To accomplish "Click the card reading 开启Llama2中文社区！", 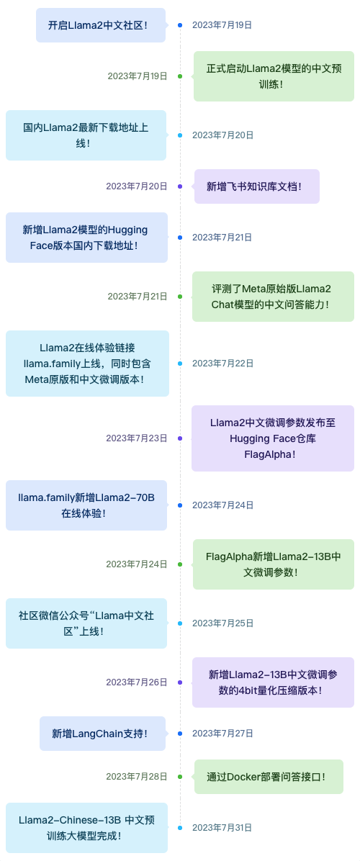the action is (101, 25).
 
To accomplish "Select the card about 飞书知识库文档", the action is (257, 186).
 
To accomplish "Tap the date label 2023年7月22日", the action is (222, 364).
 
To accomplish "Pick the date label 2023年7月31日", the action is (222, 827).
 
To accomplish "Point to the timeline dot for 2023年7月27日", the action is (180, 734).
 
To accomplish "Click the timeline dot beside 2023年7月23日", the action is (180, 438).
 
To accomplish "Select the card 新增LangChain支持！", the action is (103, 734).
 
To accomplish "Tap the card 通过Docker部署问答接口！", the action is (269, 777).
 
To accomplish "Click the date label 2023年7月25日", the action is (222, 623).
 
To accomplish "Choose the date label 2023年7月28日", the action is (137, 777).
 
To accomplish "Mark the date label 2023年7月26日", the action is (137, 682).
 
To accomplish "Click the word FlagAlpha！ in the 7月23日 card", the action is (274, 454).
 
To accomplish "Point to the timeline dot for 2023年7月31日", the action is (180, 827).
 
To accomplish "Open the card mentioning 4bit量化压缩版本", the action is (274, 682).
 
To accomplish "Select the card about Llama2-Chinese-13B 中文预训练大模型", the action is (86, 828).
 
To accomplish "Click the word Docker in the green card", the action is (239, 777).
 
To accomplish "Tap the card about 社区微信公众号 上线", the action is (86, 623).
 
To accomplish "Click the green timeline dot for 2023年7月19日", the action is (180, 76).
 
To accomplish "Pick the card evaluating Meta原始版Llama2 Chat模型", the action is (274, 297).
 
